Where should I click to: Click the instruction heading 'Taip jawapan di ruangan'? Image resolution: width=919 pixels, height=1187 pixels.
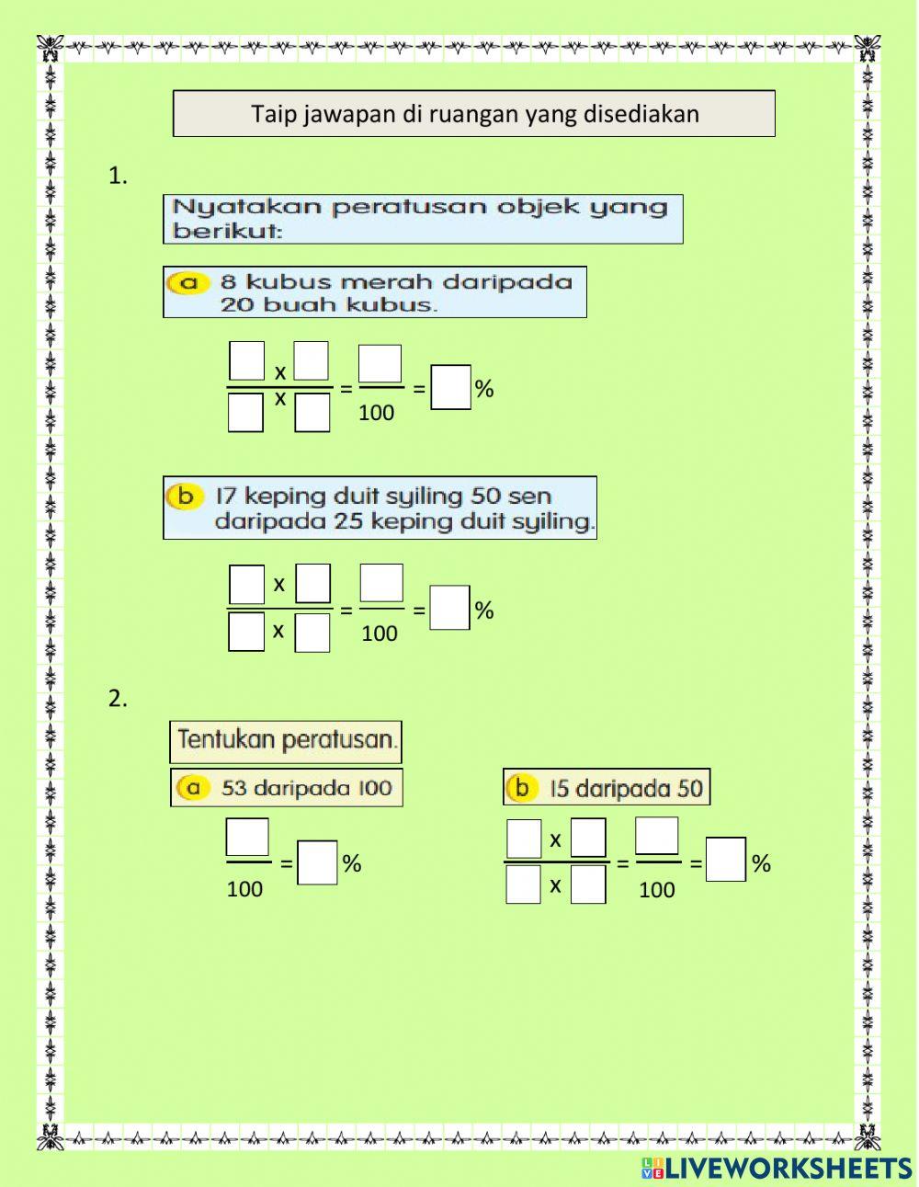click(x=474, y=114)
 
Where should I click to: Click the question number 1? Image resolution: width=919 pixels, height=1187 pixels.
click(x=118, y=177)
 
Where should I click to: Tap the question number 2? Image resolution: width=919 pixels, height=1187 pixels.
click(x=118, y=699)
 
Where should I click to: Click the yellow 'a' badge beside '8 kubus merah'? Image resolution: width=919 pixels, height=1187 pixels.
click(x=188, y=283)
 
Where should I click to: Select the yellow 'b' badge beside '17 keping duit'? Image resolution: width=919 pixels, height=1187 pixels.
click(x=186, y=496)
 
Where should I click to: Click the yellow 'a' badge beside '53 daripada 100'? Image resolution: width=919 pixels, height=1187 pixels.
click(x=193, y=788)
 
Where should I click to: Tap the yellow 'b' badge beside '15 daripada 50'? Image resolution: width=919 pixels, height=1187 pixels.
click(x=522, y=788)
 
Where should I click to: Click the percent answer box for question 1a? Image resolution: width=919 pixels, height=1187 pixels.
click(x=450, y=387)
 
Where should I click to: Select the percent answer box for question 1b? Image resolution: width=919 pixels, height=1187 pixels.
click(x=450, y=608)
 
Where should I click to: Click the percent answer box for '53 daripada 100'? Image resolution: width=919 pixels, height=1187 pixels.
click(x=318, y=862)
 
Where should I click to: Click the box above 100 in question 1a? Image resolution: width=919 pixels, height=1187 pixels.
click(x=380, y=364)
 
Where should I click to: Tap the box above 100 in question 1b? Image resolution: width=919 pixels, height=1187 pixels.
click(x=380, y=583)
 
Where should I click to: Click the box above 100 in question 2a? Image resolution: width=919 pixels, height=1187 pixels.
click(x=247, y=838)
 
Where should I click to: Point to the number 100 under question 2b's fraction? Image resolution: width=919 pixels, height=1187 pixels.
click(x=656, y=889)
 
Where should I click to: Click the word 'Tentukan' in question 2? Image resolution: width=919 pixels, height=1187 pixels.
click(x=219, y=739)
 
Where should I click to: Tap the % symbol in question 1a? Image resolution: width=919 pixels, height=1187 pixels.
click(x=484, y=389)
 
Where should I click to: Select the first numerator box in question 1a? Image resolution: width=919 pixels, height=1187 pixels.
click(x=246, y=360)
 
